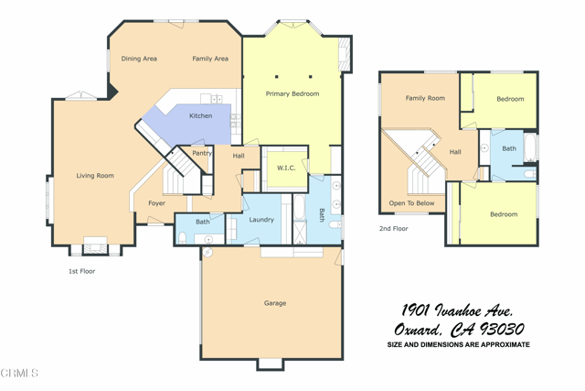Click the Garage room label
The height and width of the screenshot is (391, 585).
point(275,303)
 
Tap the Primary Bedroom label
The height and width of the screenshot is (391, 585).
point(292,94)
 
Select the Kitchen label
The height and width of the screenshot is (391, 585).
point(201,116)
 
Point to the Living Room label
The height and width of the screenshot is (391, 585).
point(95,176)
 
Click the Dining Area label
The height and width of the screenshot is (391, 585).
point(139,59)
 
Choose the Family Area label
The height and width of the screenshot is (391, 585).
point(210,59)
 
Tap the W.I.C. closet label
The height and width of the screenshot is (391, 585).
point(285,168)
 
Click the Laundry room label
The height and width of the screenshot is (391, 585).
point(261,220)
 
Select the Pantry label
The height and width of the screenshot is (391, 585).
point(202,153)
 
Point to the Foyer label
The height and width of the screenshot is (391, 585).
point(157,203)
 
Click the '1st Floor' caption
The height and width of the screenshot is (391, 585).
point(82,271)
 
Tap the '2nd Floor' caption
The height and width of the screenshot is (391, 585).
point(394,229)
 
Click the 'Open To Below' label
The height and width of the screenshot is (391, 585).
point(412,203)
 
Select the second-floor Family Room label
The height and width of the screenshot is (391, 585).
point(425,98)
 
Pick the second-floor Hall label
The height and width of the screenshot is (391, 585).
point(455,152)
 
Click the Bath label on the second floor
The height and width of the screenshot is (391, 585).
point(509,148)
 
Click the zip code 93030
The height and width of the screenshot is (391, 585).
point(498,330)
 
